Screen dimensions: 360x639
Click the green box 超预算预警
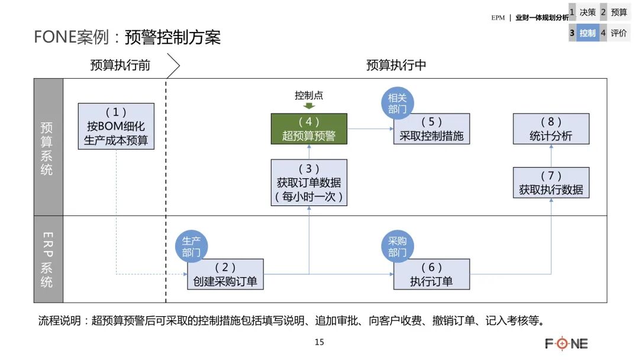pyautogui.click(x=309, y=129)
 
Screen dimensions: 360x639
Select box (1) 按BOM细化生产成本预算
pyautogui.click(x=116, y=126)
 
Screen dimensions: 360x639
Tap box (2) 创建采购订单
pyautogui.click(x=225, y=274)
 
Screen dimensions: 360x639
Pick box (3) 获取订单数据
pyautogui.click(x=309, y=182)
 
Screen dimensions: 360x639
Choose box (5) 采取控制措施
pyautogui.click(x=431, y=129)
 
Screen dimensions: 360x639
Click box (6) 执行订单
pyautogui.click(x=431, y=274)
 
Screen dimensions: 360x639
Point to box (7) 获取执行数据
pyautogui.click(x=551, y=182)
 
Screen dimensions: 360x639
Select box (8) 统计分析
pyautogui.click(x=551, y=129)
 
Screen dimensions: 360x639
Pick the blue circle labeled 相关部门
pyautogui.click(x=397, y=103)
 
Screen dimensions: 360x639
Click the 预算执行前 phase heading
pyautogui.click(x=120, y=65)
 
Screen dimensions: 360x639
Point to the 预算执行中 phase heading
pyautogui.click(x=396, y=65)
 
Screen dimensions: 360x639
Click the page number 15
pyautogui.click(x=319, y=342)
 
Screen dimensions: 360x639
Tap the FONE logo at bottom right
pyautogui.click(x=566, y=343)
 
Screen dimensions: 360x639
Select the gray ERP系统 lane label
pyautogui.click(x=47, y=259)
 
